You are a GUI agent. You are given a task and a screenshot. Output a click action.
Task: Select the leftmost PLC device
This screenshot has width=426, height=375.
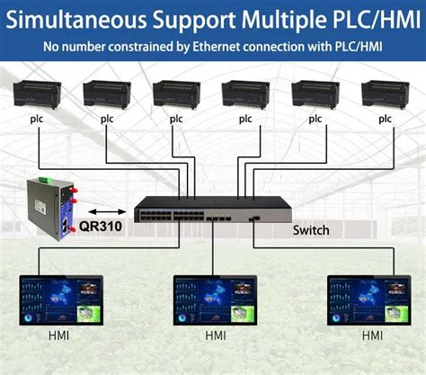36,94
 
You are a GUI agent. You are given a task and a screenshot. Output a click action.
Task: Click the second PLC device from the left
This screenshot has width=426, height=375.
106,94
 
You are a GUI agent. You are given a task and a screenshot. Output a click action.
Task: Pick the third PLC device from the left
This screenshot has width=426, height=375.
176,94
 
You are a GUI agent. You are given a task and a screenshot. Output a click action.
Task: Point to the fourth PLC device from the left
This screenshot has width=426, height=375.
245,94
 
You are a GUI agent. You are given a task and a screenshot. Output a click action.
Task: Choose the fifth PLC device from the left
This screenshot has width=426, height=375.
315,94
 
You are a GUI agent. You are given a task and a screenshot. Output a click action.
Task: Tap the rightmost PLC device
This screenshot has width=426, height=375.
385,94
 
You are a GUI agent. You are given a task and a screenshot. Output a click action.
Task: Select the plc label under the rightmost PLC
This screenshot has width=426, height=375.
386,118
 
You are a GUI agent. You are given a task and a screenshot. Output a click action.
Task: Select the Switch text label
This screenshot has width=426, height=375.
311,230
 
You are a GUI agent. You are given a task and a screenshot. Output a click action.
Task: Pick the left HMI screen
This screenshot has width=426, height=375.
58,301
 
